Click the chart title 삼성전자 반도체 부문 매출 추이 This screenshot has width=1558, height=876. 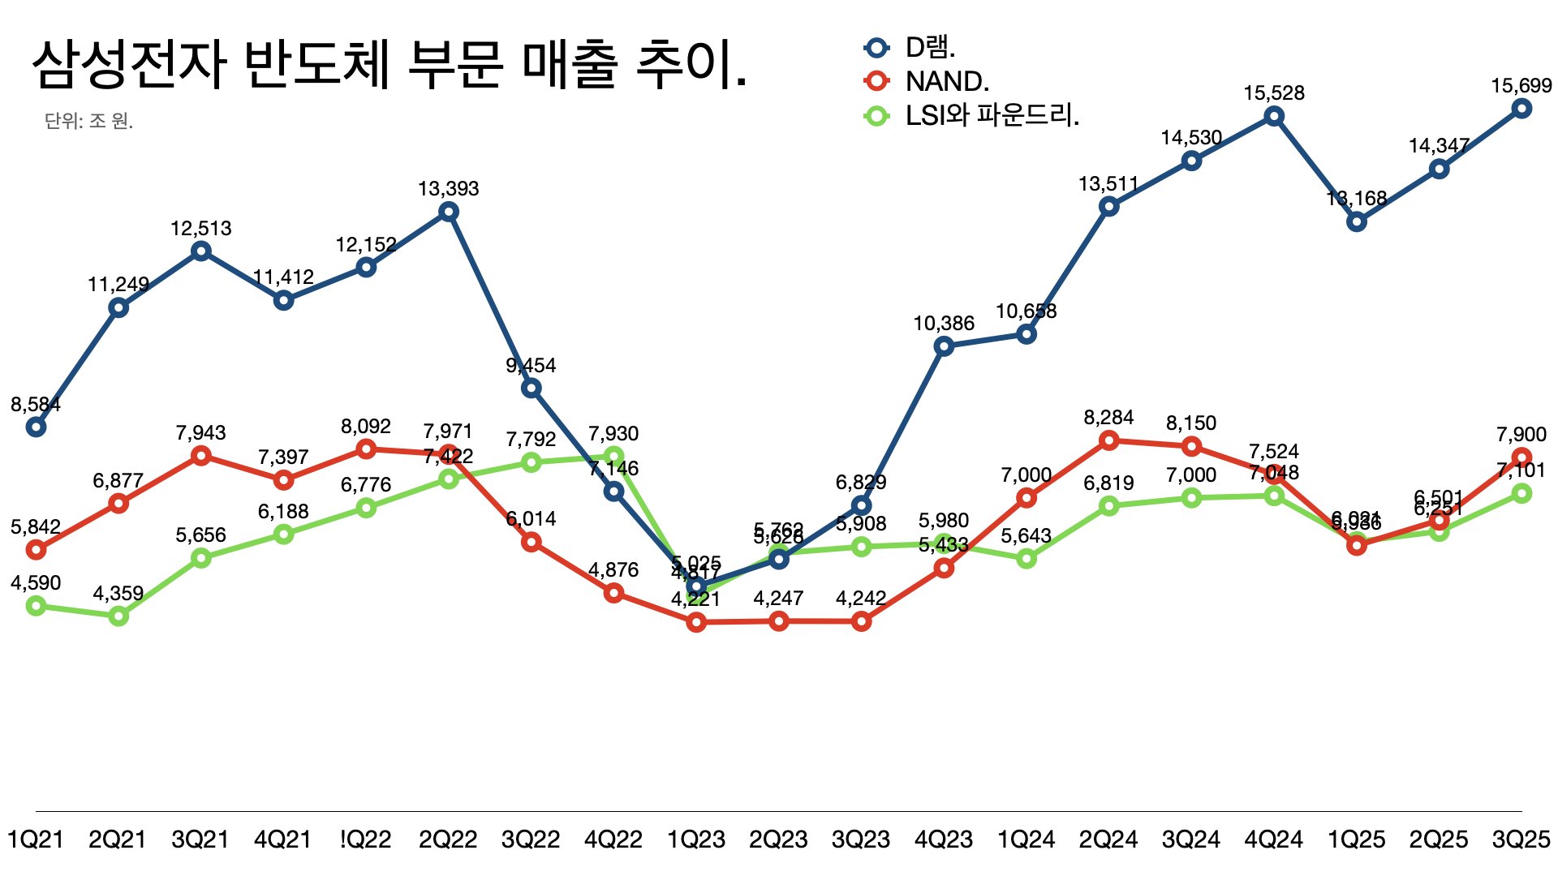(389, 65)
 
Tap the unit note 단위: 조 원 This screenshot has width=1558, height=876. (88, 122)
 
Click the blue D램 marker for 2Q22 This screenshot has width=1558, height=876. (449, 213)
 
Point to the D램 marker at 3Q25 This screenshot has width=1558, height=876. (1521, 109)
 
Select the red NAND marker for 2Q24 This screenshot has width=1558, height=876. (1109, 440)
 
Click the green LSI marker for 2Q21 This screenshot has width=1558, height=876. (118, 616)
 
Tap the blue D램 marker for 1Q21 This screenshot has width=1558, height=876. (36, 427)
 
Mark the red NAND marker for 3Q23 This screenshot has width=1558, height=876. (862, 621)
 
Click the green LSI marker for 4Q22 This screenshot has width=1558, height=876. (614, 457)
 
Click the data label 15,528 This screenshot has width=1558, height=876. (1274, 93)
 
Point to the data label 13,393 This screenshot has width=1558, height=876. (449, 189)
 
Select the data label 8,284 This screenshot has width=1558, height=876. (1108, 418)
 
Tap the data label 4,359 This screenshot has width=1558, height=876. (118, 594)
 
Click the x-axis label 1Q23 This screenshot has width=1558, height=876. (696, 839)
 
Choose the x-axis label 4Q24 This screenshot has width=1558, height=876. (1274, 839)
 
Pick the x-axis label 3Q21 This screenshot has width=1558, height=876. (200, 839)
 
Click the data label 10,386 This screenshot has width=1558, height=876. (944, 324)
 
